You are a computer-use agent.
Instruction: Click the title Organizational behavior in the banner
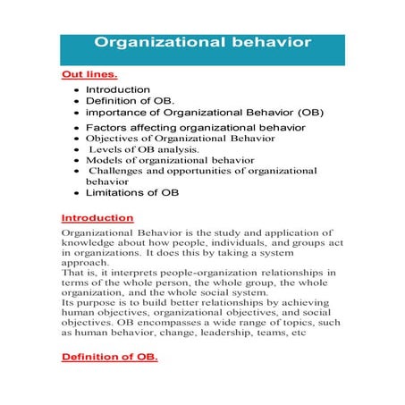203,42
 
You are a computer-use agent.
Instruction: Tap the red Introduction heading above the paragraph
97,217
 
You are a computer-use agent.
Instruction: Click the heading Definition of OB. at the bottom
109,357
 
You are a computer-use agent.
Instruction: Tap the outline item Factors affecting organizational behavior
196,128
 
